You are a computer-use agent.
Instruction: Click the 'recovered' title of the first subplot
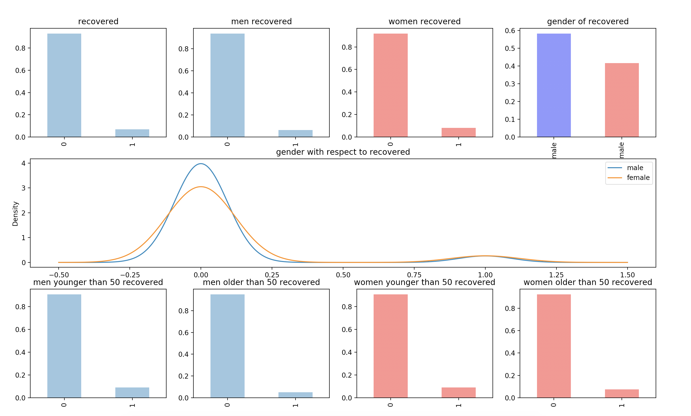pos(98,22)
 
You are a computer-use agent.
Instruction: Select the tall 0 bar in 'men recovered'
pos(228,85)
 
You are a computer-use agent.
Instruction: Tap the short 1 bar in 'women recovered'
pos(458,132)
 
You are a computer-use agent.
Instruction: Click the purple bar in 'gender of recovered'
pos(554,85)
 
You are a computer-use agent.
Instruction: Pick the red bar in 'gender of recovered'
pos(622,100)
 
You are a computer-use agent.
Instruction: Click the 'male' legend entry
pos(635,168)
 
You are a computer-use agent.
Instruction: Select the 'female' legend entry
pos(638,178)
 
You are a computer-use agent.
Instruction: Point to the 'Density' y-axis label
pos(15,214)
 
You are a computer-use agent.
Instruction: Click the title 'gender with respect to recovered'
pos(343,152)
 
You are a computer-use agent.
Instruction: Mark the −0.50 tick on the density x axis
pos(59,275)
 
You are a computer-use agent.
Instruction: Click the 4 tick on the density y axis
pos(24,163)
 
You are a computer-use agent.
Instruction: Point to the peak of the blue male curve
pos(201,164)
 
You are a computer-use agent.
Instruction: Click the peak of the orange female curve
pos(201,187)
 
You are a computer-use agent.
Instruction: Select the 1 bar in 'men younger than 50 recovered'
pos(132,392)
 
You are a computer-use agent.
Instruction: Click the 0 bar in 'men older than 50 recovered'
pos(228,346)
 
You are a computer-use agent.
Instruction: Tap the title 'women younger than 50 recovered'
pos(425,282)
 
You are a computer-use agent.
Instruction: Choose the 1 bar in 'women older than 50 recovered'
pos(622,393)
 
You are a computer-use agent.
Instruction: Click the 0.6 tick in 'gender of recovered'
pos(510,31)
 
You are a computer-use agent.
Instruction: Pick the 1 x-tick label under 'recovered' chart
pos(132,144)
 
